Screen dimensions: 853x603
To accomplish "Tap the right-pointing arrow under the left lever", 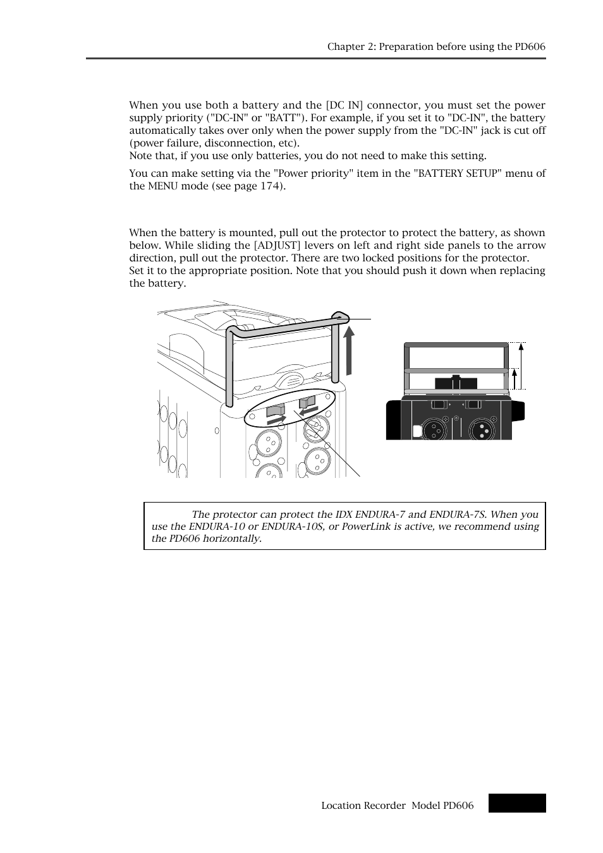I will [x=276, y=419].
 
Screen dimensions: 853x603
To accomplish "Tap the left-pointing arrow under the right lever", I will [x=308, y=410].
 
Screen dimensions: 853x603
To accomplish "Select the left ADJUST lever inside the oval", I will [x=276, y=410].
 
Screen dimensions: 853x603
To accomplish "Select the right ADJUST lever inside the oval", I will [x=307, y=401].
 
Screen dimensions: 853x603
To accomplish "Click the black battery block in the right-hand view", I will [x=456, y=383].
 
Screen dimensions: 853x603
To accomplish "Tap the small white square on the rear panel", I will [x=417, y=431].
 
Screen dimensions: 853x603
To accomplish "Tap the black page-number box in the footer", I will [x=516, y=803].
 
